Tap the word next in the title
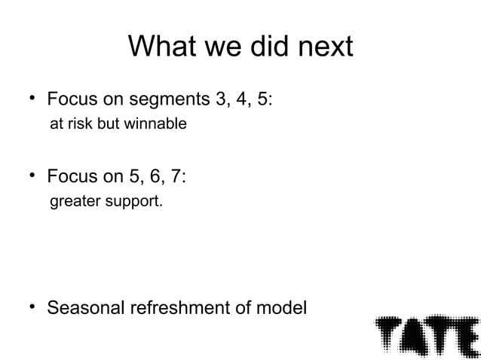[321, 47]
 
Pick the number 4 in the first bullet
[238, 99]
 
